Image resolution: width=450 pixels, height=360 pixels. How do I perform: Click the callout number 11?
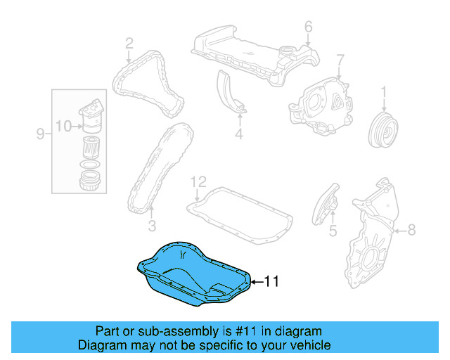click(271, 282)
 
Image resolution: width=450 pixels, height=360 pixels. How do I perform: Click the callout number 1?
click(385, 91)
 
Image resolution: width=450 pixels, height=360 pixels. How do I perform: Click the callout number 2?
click(129, 44)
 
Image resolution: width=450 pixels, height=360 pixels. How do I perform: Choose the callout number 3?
click(151, 226)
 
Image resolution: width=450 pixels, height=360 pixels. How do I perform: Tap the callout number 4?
click(238, 133)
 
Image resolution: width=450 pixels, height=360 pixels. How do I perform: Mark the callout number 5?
click(333, 230)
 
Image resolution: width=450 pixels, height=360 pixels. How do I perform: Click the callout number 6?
click(308, 27)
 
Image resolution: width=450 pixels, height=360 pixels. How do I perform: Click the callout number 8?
click(411, 229)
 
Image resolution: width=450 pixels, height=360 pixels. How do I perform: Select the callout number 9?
click(39, 133)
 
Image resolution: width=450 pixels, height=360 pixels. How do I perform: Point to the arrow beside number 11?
click(257, 283)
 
